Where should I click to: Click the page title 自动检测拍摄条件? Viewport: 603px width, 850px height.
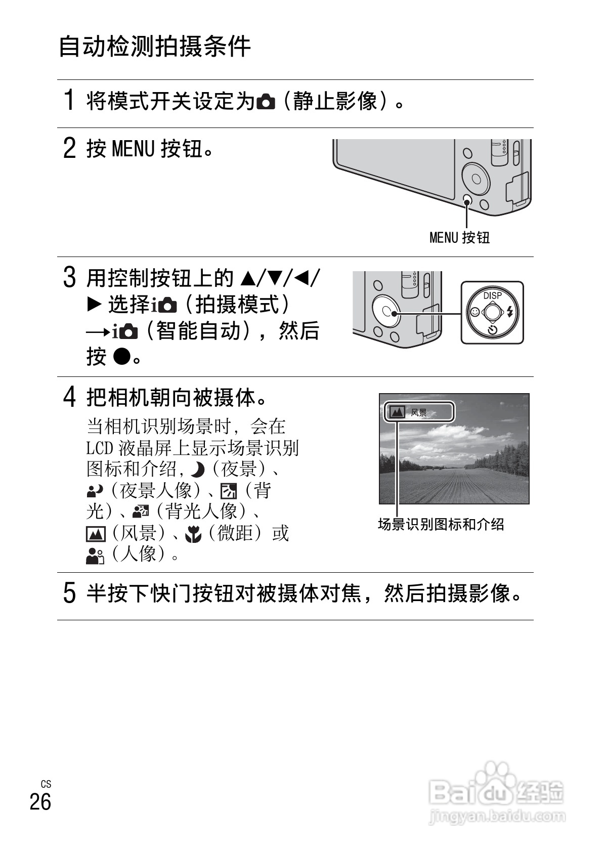click(x=155, y=47)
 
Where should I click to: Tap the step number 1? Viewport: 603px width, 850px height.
click(x=69, y=100)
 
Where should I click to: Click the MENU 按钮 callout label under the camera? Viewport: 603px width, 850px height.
click(x=459, y=237)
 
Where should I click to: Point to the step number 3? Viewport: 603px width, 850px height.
click(x=69, y=278)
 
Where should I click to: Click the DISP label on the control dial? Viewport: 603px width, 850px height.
click(x=492, y=295)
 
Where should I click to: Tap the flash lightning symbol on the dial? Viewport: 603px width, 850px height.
click(x=510, y=312)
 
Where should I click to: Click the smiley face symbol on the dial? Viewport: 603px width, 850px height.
click(x=475, y=312)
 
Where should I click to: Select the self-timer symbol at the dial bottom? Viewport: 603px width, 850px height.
click(x=492, y=331)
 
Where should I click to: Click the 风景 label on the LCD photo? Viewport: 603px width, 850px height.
click(x=419, y=413)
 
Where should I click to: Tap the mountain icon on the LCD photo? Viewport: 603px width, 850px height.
click(x=397, y=413)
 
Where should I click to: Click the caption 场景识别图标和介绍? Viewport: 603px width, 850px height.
click(x=441, y=524)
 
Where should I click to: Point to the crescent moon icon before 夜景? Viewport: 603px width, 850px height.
click(x=197, y=471)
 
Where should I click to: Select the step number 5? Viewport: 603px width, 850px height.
click(x=69, y=593)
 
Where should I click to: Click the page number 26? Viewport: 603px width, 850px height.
click(x=40, y=802)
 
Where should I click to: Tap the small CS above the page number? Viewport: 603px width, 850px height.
click(x=46, y=784)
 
